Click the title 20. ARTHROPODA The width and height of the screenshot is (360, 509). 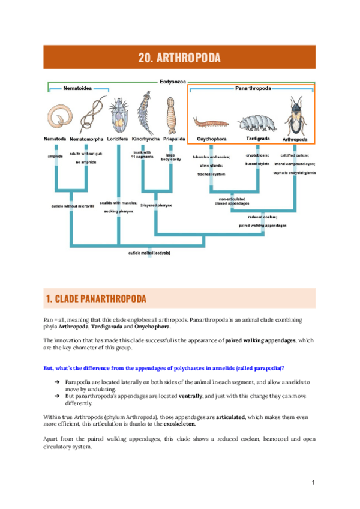coord(179,58)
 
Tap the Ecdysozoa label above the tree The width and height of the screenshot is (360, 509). coord(172,82)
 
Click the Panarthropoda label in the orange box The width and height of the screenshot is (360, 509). coord(252,88)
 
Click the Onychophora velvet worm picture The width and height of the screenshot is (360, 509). coord(211,124)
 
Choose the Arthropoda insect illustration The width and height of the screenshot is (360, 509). coord(295,118)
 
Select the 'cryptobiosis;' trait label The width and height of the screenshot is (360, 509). coord(257,155)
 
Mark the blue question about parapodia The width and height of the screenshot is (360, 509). coord(164,367)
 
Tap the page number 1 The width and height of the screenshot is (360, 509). coord(313,483)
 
